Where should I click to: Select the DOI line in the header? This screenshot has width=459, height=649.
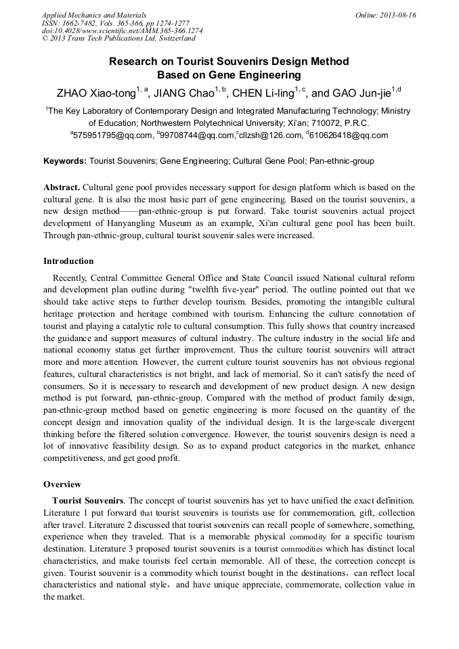[122, 31]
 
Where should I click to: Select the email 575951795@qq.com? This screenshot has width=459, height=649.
[113, 135]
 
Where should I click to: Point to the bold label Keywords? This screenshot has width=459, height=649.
[65, 162]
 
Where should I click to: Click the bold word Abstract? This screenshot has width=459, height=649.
[62, 187]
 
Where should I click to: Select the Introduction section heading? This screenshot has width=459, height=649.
[68, 261]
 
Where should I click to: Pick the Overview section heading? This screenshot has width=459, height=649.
[62, 485]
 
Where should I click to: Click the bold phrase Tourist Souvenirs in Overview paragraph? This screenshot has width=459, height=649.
[88, 501]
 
